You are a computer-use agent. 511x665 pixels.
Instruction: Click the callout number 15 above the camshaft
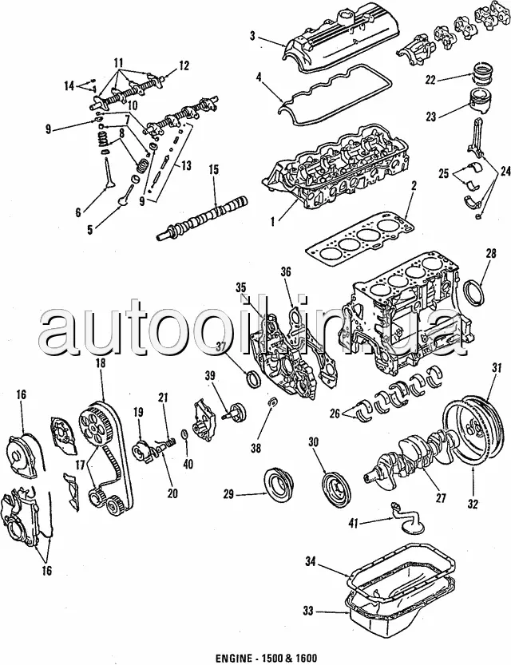[214, 170]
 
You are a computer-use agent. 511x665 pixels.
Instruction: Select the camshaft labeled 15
[201, 220]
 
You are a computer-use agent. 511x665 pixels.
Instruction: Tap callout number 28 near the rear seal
[490, 254]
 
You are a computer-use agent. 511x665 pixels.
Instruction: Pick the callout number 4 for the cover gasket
[259, 77]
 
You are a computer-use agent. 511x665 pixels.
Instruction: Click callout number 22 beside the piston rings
[430, 79]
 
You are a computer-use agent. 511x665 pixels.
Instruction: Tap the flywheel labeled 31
[473, 430]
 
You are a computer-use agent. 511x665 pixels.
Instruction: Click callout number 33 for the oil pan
[308, 612]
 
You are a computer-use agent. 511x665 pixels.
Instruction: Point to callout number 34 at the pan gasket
[311, 562]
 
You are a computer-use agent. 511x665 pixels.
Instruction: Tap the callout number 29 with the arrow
[229, 494]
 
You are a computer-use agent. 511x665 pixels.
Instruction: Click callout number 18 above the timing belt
[101, 363]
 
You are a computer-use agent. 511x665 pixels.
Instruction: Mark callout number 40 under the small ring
[188, 464]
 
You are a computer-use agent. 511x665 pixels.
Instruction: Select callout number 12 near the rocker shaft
[184, 65]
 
